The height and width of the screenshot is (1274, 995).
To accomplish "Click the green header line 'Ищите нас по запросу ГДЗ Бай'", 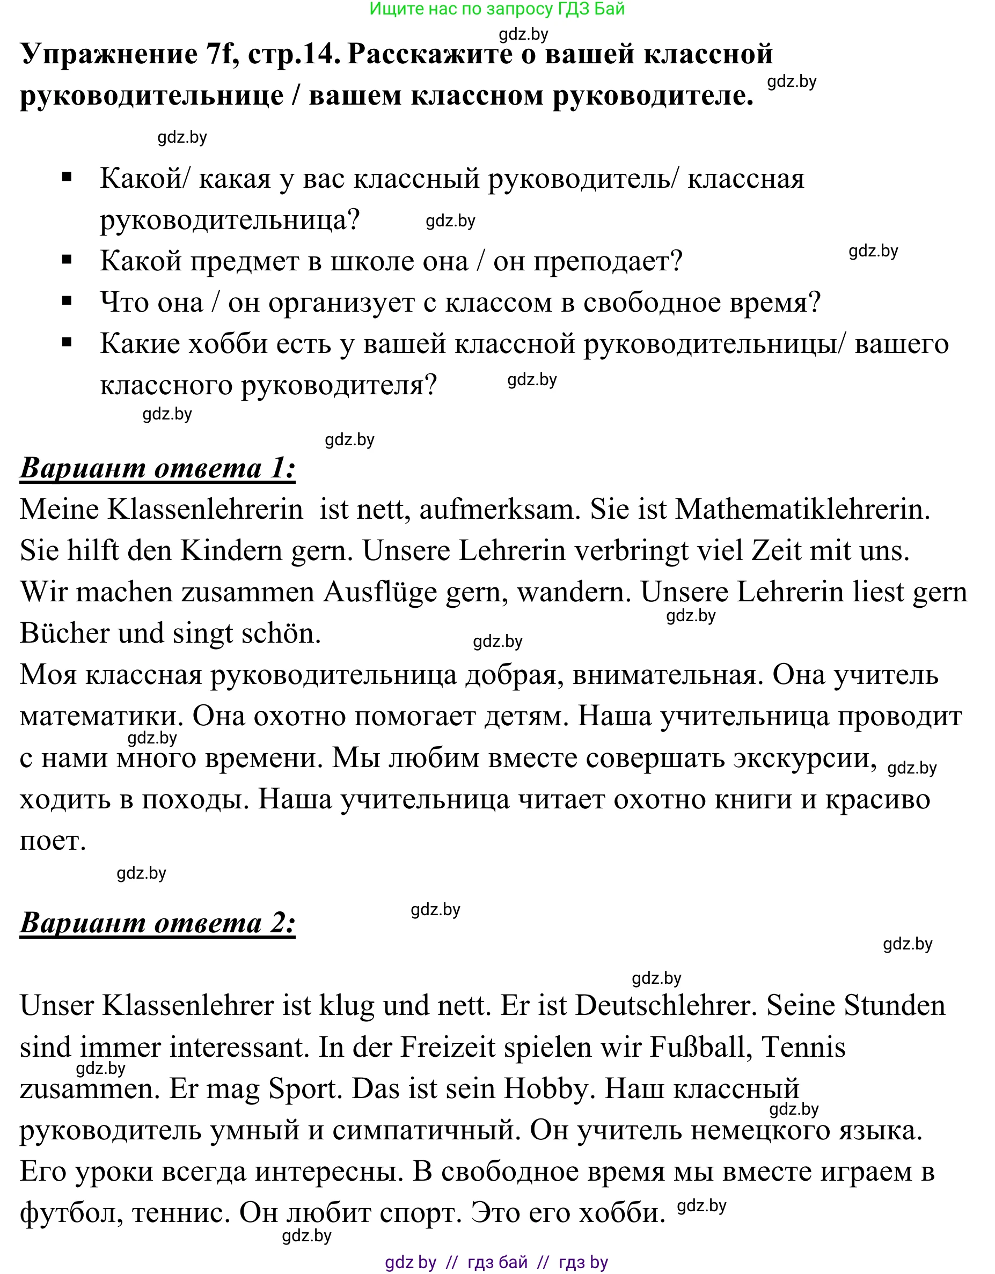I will point(496,9).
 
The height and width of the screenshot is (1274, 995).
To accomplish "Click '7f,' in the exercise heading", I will point(222,54).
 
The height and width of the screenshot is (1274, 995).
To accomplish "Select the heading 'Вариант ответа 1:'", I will point(158,468).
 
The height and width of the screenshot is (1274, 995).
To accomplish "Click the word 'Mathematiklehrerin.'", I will point(802,509).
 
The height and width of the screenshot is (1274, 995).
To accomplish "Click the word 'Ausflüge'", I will point(381,592).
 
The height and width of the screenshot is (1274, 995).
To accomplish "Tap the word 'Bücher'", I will point(64,634).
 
